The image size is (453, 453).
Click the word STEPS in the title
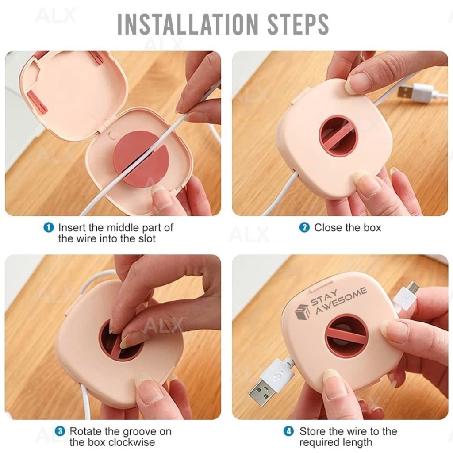pyautogui.click(x=298, y=24)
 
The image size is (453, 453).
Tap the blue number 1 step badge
pyautogui.click(x=49, y=228)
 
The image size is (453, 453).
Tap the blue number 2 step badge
pyautogui.click(x=304, y=228)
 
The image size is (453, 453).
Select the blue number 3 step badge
pyautogui.click(x=60, y=431)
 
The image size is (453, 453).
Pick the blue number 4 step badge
pyautogui.click(x=288, y=431)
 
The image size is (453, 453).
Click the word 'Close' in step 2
pyautogui.click(x=328, y=228)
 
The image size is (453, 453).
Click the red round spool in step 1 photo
pyautogui.click(x=141, y=159)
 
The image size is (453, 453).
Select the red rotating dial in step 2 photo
pyautogui.click(x=338, y=136)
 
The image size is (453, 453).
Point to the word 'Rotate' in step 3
pyautogui.click(x=85, y=431)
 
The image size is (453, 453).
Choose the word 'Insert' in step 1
pyautogui.click(x=72, y=228)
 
